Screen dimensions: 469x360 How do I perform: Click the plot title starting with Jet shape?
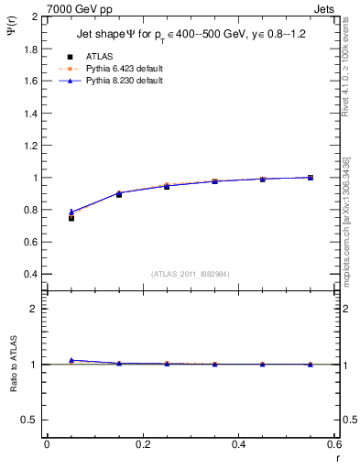click(193, 35)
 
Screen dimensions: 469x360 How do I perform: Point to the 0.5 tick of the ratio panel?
click(30, 420)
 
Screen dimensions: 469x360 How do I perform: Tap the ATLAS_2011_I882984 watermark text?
click(190, 273)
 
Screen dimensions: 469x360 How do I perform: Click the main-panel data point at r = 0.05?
click(71, 218)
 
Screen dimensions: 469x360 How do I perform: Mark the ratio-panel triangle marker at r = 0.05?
click(71, 360)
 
